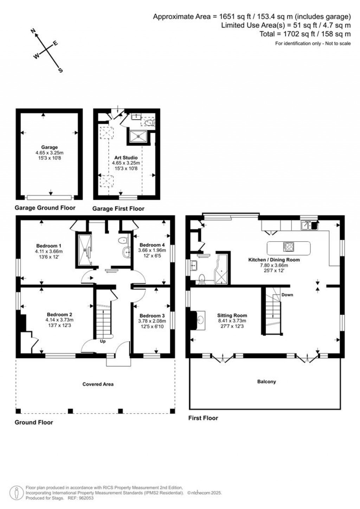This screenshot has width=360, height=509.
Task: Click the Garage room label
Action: click(x=49, y=147)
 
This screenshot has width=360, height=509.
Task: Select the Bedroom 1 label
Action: click(x=49, y=246)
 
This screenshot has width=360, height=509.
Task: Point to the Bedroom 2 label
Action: click(x=59, y=314)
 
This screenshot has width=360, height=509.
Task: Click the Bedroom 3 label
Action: click(x=152, y=316)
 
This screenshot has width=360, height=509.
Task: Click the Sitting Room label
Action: click(x=232, y=315)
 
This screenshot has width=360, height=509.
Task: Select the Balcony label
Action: click(x=266, y=381)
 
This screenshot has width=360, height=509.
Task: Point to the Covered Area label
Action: click(x=98, y=384)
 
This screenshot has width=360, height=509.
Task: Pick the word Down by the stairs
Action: click(x=287, y=295)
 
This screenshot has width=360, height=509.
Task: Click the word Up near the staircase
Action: click(x=103, y=341)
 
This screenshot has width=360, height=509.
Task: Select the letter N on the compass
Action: click(x=34, y=32)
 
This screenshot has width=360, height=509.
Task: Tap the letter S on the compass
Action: click(x=60, y=70)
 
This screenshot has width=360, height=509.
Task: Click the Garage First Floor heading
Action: click(x=118, y=209)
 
